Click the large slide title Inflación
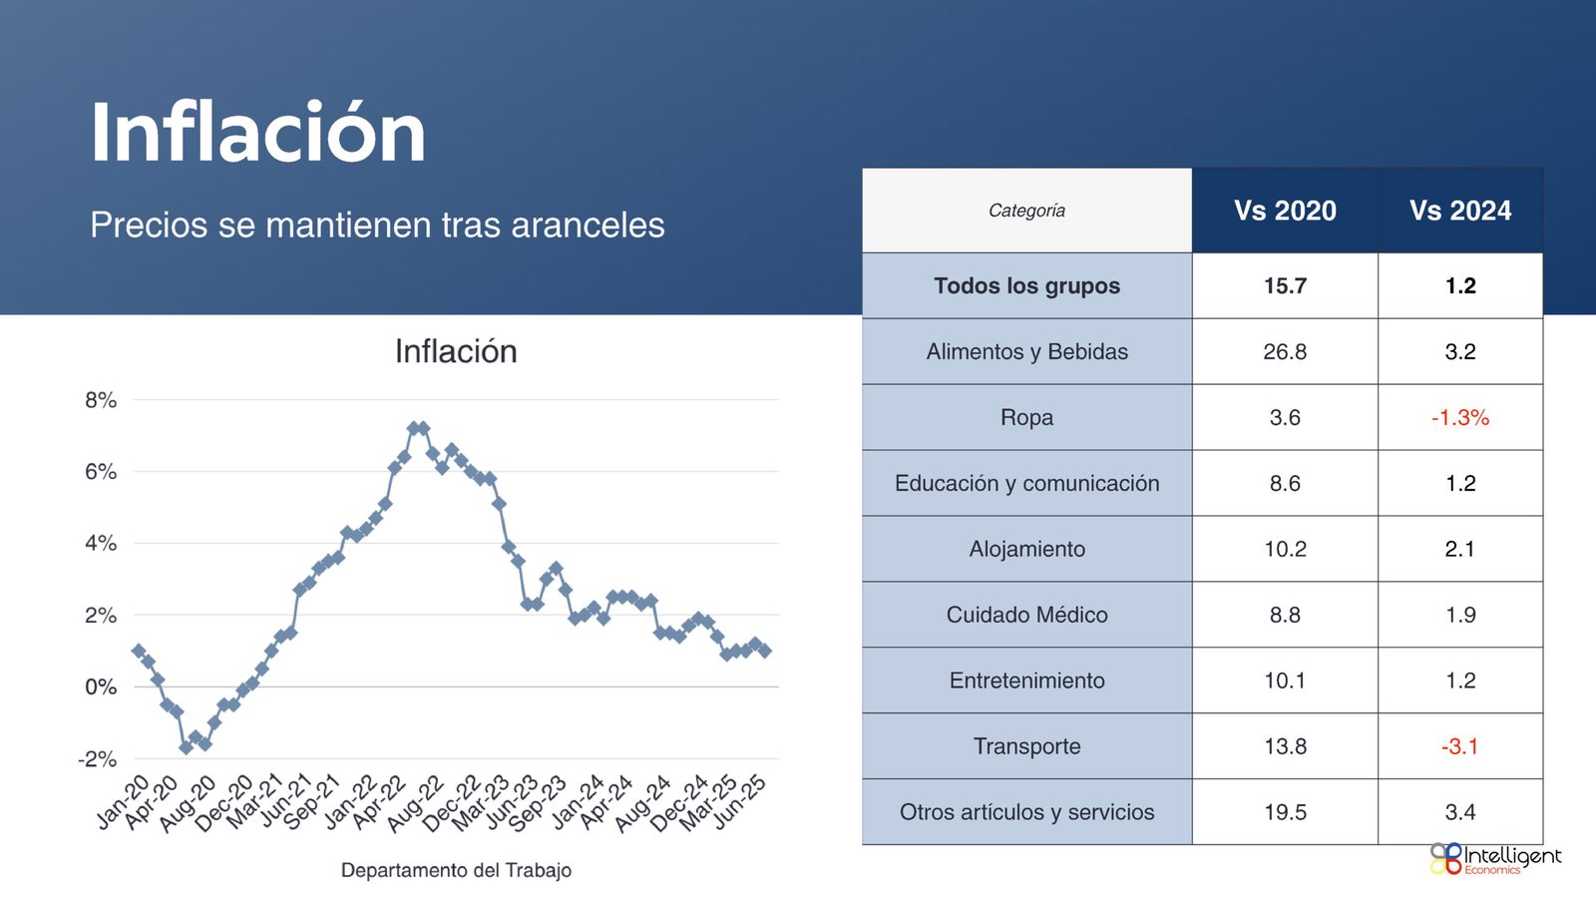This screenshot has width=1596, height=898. [x=257, y=132]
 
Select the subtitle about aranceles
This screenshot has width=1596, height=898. [x=377, y=224]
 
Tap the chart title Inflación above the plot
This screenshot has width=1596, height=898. [x=456, y=351]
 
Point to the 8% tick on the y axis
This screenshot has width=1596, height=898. [x=101, y=400]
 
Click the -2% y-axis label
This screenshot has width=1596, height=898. [x=98, y=759]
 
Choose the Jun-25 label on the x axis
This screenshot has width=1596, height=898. [x=740, y=801]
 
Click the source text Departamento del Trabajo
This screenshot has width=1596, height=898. [x=456, y=870]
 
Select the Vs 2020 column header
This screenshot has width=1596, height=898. [x=1285, y=211]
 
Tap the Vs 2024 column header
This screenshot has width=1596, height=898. [x=1460, y=211]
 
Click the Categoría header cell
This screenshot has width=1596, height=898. [x=1026, y=211]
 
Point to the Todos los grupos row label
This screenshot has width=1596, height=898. [x=1026, y=285]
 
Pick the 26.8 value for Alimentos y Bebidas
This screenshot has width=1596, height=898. [x=1285, y=351]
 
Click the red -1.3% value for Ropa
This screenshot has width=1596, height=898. [x=1460, y=417]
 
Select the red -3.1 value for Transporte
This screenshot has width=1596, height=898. [x=1460, y=746]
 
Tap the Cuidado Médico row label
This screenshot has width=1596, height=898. [x=1026, y=615]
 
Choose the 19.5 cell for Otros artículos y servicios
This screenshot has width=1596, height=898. [x=1285, y=812]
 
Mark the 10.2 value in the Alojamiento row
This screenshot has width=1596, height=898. [x=1285, y=549]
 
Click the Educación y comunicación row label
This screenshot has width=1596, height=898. [x=1026, y=483]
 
